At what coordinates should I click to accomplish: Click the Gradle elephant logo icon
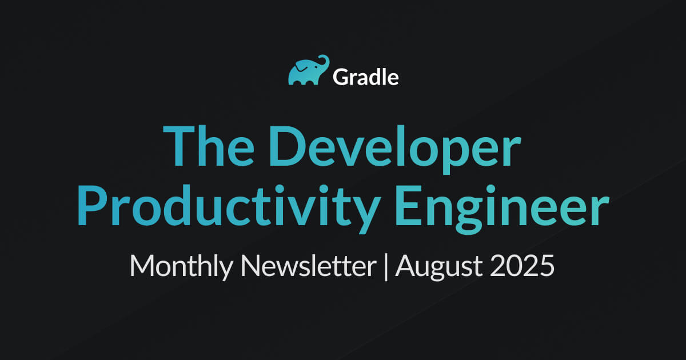tap(308, 70)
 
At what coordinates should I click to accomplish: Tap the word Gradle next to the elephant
tap(366, 77)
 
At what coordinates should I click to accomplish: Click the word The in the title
tap(209, 146)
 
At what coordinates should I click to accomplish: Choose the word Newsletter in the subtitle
tap(308, 265)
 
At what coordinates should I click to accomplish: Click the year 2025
tap(522, 266)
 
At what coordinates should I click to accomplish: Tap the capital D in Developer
tap(288, 146)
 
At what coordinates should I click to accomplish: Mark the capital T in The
tap(179, 146)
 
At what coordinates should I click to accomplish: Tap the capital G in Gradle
tap(342, 77)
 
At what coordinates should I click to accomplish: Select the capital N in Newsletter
tap(251, 265)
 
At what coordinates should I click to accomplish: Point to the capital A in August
tap(406, 265)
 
